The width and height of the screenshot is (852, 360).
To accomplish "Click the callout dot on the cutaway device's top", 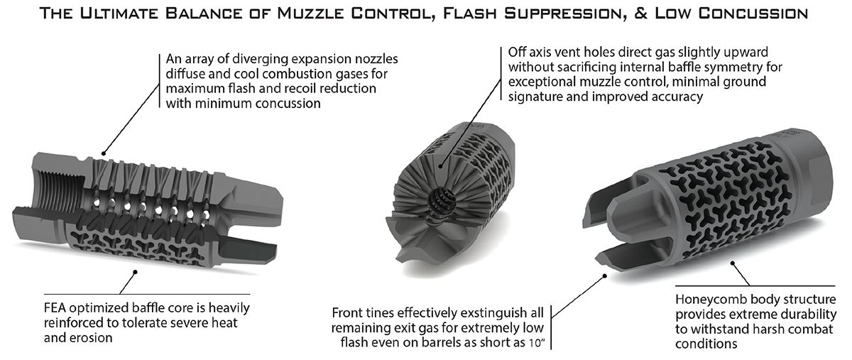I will click(x=104, y=151).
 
